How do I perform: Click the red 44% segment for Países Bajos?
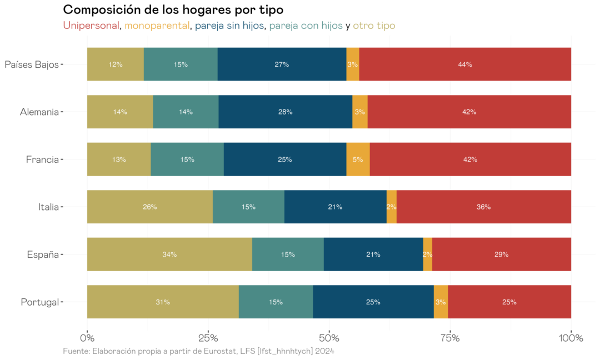click(x=465, y=64)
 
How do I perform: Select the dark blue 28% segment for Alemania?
click(x=286, y=112)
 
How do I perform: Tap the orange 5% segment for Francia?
click(x=358, y=159)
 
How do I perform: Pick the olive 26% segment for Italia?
click(x=150, y=207)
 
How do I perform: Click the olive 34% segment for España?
click(x=169, y=254)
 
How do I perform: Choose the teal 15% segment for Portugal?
click(x=276, y=302)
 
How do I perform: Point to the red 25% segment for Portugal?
click(x=509, y=302)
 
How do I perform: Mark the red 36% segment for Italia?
click(x=483, y=207)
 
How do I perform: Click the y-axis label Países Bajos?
click(x=32, y=64)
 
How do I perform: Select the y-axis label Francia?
click(x=42, y=159)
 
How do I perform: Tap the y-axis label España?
click(x=43, y=254)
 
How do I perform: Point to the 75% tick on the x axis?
click(x=450, y=338)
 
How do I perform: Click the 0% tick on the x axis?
click(x=87, y=338)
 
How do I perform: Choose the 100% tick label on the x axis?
click(x=571, y=338)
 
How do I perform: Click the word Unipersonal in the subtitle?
click(x=91, y=26)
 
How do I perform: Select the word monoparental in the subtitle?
click(x=157, y=26)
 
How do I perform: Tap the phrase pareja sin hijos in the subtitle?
click(x=230, y=26)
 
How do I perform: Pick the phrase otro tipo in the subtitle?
click(x=374, y=26)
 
